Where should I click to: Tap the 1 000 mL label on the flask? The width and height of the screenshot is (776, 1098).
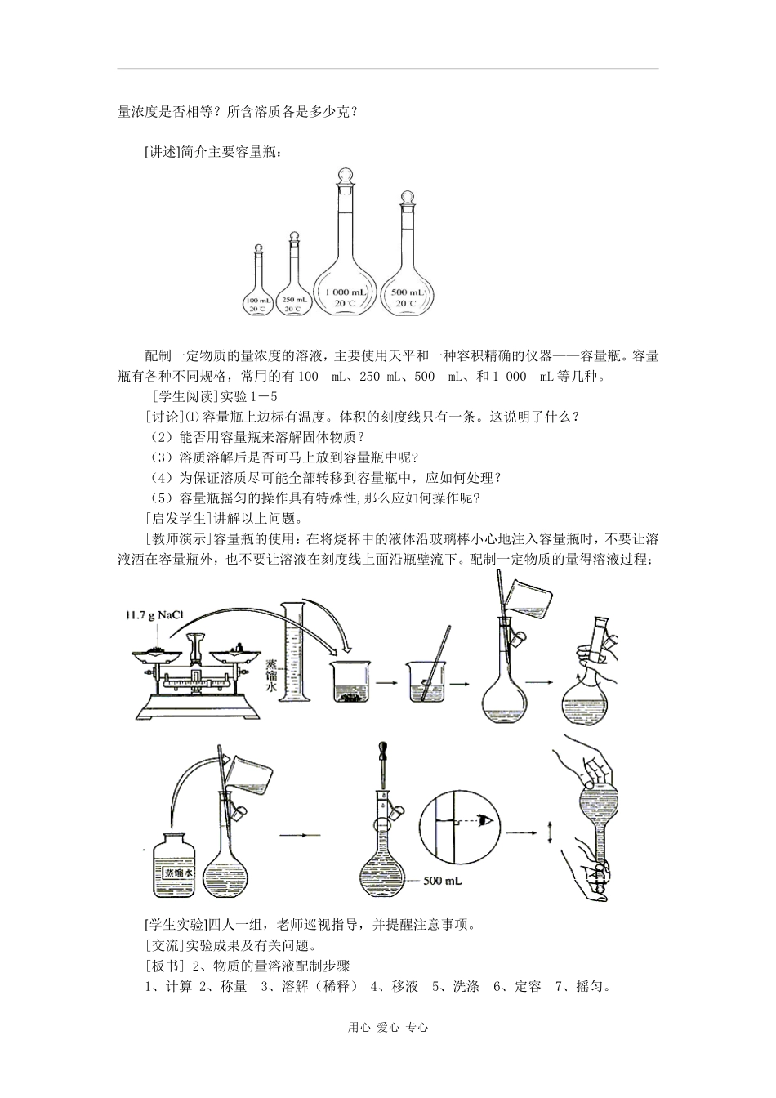(x=347, y=292)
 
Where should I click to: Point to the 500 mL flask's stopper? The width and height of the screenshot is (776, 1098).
(x=406, y=199)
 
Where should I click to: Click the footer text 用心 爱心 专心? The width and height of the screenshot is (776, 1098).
(x=388, y=1028)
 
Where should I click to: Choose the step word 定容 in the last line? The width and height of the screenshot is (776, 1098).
(x=528, y=987)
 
